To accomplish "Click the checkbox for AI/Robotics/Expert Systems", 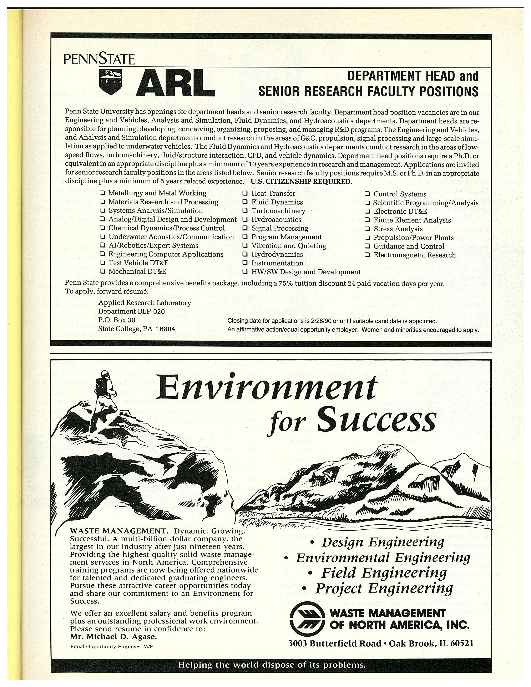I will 102,245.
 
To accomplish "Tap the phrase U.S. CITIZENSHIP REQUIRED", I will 301,182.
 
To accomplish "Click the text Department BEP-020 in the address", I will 131,311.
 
